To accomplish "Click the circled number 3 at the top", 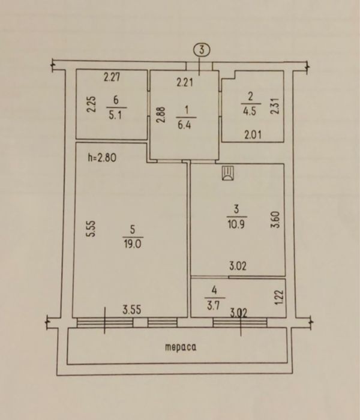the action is tap(202, 50).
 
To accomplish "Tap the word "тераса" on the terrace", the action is tap(181, 347).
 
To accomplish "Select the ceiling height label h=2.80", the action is tap(103, 157).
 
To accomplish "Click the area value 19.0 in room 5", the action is tap(133, 244).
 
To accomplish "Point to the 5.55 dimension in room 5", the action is tap(92, 229).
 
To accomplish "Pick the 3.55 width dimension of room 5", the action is tap(132, 310).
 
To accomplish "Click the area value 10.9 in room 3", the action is tap(236, 224).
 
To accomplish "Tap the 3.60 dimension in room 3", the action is tap(275, 220).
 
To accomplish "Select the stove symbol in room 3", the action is tap(228, 173).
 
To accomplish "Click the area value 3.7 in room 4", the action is tap(214, 305).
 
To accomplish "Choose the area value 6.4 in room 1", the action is tap(184, 125).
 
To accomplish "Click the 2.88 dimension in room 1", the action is tap(161, 115).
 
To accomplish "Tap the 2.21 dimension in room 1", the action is tap(185, 82).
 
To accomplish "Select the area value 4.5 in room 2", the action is tap(249, 111).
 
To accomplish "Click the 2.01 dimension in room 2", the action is tap(253, 135).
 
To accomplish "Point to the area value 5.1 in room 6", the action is tap(115, 115).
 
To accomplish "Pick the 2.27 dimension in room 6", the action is tap(112, 77).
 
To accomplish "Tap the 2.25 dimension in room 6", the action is tap(92, 104).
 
